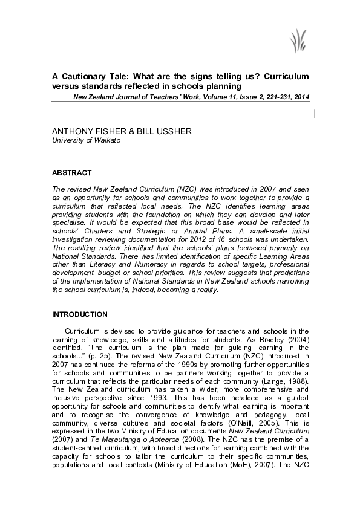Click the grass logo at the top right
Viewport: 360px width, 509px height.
coord(297,42)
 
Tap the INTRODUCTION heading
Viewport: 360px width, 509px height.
coord(80,314)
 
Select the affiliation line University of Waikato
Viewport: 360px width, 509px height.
coord(87,140)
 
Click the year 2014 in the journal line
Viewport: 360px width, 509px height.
coord(301,97)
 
